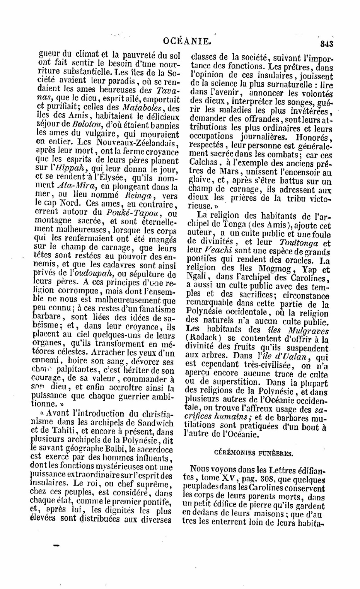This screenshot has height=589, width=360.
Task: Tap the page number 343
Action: pyautogui.click(x=326, y=43)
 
